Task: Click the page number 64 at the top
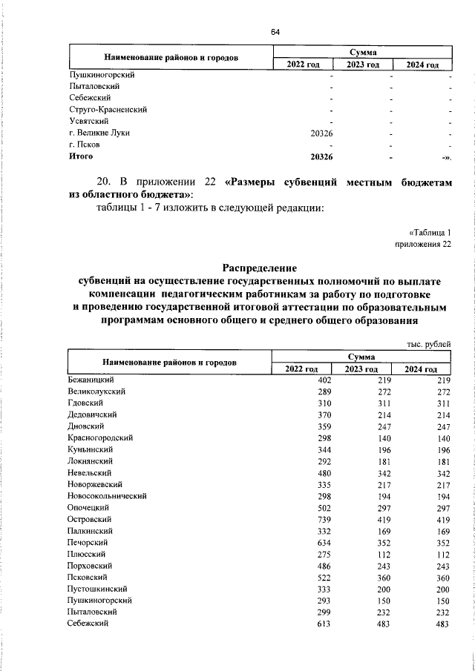275,32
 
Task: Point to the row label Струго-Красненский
107,109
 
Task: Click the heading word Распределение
260,268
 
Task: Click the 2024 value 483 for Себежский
443,625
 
